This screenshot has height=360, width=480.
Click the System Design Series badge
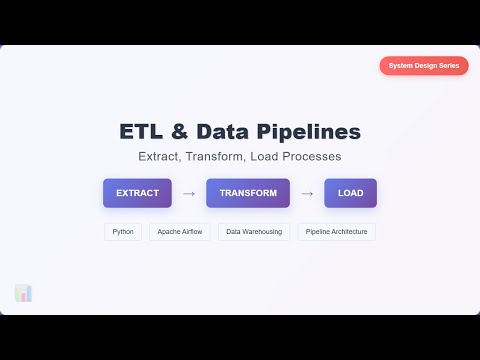point(423,66)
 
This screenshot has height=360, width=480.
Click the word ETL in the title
point(140,132)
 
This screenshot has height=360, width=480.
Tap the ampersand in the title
point(181,132)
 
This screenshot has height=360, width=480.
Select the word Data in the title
point(225,132)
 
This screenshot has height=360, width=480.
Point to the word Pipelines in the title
point(308,132)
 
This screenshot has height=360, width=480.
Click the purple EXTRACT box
point(137,193)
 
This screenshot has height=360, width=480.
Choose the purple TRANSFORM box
point(248,193)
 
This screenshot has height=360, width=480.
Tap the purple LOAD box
point(350,193)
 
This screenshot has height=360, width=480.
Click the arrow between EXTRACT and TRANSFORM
point(189,193)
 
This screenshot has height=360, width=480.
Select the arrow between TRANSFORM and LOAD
point(307,193)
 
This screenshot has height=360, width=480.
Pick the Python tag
point(123,232)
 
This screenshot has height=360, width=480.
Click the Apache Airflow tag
point(180,232)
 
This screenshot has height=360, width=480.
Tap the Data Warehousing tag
point(254,232)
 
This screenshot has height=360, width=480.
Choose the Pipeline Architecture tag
point(336,232)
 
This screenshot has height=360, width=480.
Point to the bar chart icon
point(24,293)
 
